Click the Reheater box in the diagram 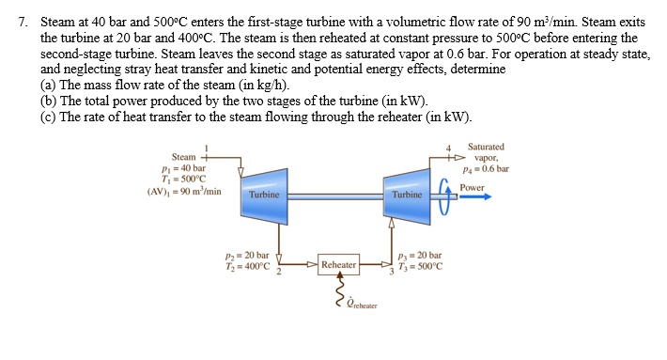pos(339,265)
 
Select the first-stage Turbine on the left pos(264,194)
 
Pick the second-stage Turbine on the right pos(407,194)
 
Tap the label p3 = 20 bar pos(420,255)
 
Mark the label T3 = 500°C pos(420,266)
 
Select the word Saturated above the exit pos(486,147)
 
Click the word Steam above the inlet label pos(183,156)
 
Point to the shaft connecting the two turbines pos(335,196)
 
